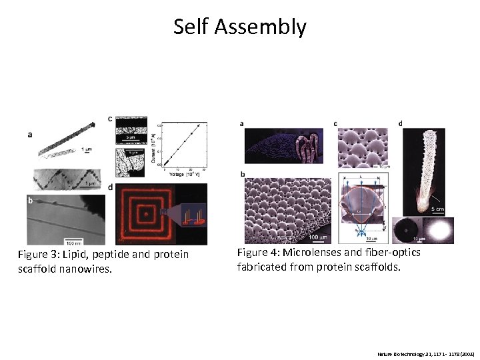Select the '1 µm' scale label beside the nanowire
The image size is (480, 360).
(87, 150)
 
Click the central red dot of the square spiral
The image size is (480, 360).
(142, 214)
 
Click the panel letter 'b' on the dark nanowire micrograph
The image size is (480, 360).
(30, 199)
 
